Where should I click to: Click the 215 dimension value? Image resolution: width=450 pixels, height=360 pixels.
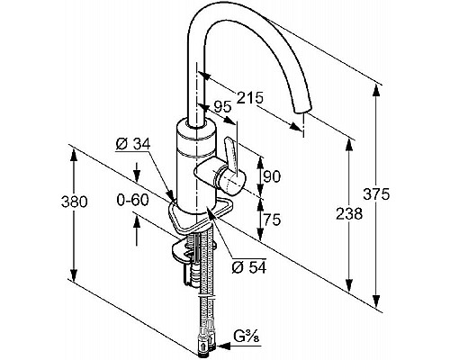point(250,97)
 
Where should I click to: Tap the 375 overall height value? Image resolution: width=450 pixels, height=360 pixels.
point(376,194)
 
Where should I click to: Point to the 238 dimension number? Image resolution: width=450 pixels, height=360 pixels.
point(349,214)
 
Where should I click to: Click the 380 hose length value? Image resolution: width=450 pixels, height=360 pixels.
point(74,202)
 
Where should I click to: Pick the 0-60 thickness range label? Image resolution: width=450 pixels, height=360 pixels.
point(132,200)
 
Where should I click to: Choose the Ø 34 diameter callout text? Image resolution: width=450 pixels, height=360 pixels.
point(133,144)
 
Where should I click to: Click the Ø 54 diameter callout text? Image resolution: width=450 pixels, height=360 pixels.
point(249,267)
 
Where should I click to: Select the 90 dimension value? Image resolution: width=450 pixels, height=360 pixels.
point(272,176)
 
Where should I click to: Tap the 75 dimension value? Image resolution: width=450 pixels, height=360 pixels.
point(272,220)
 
